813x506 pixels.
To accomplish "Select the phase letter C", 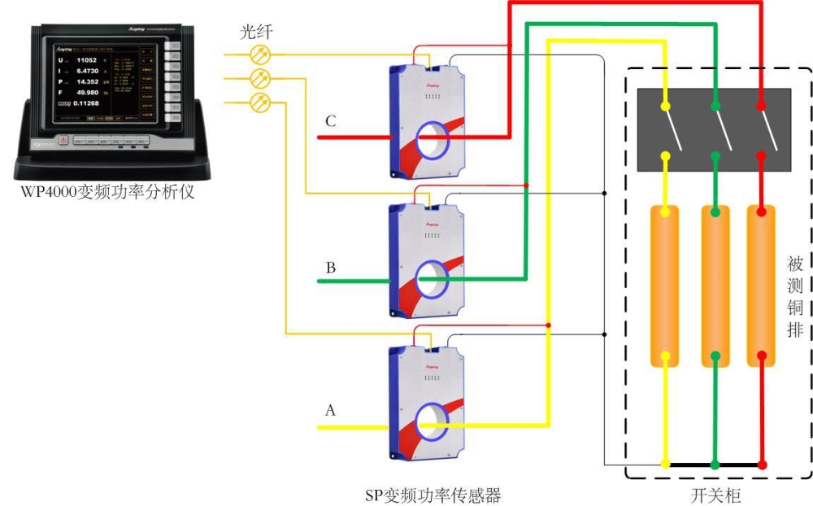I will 330,122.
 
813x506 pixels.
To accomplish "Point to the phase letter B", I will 330,267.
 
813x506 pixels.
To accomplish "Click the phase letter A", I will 330,411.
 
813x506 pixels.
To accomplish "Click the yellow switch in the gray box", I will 671,130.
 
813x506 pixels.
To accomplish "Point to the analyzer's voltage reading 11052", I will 87,60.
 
